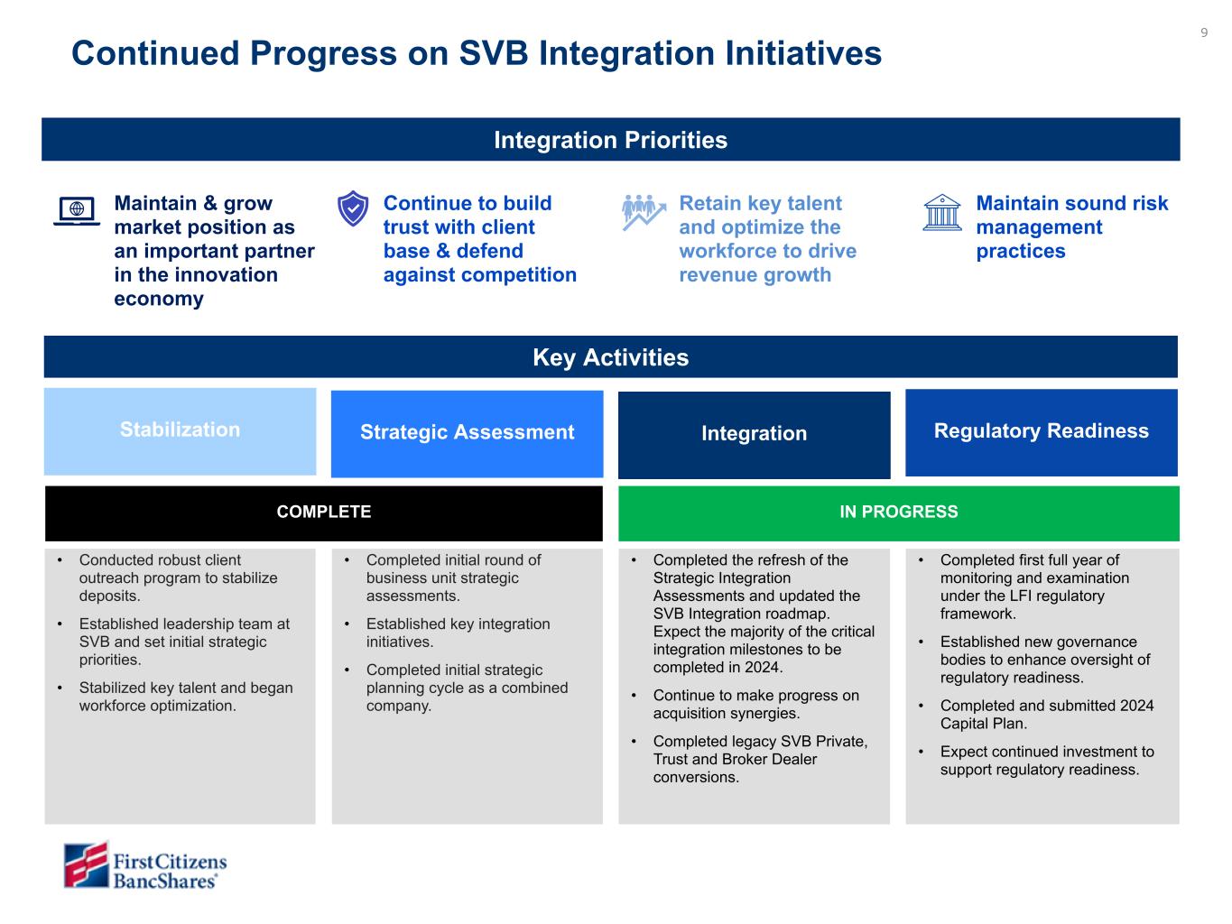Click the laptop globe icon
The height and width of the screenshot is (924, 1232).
pyautogui.click(x=77, y=210)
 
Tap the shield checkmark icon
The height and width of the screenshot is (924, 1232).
pyautogui.click(x=352, y=208)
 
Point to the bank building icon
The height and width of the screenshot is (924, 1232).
pyautogui.click(x=942, y=212)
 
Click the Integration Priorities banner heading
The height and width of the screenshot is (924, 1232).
pyautogui.click(x=610, y=140)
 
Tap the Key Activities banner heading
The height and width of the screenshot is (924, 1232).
pyautogui.click(x=610, y=357)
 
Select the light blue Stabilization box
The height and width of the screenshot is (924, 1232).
pyautogui.click(x=180, y=430)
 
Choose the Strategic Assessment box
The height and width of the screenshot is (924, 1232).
pyautogui.click(x=467, y=433)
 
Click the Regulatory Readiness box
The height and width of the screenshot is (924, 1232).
pyautogui.click(x=1041, y=431)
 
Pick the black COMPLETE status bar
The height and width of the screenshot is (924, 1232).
pyautogui.click(x=323, y=513)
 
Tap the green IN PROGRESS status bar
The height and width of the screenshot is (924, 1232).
pyautogui.click(x=898, y=513)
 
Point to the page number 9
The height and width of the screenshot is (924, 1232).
pyautogui.click(x=1204, y=33)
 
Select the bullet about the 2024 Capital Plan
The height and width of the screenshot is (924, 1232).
pyautogui.click(x=1046, y=715)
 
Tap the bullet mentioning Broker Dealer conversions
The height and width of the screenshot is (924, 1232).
pyautogui.click(x=759, y=759)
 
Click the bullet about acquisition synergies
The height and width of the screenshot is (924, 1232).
pyautogui.click(x=755, y=704)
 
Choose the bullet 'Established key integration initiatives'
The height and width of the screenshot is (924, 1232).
pyautogui.click(x=457, y=633)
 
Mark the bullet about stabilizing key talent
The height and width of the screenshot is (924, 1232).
pyautogui.click(x=185, y=697)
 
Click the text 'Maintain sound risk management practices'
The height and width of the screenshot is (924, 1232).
pyautogui.click(x=1071, y=227)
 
